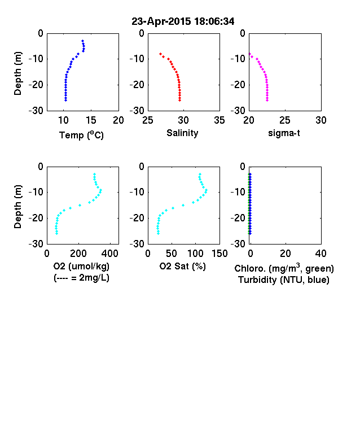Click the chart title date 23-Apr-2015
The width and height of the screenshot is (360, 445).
(161, 21)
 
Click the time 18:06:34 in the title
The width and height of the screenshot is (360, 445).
(214, 21)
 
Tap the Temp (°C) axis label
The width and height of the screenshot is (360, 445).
(81, 135)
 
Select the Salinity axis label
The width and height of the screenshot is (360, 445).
(182, 133)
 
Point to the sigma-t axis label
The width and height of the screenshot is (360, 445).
(284, 133)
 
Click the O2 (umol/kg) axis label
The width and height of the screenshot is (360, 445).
(81, 266)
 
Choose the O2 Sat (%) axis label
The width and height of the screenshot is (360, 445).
(182, 266)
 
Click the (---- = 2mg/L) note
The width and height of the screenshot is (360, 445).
(81, 277)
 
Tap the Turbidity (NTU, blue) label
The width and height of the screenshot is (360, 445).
(284, 280)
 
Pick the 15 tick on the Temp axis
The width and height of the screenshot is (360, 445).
(91, 120)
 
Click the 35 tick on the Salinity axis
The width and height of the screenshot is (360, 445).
(219, 120)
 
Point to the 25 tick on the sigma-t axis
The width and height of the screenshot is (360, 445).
(285, 120)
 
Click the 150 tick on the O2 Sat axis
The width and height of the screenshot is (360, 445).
(219, 254)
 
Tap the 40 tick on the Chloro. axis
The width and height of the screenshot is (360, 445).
(321, 254)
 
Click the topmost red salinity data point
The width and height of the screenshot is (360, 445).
(160, 54)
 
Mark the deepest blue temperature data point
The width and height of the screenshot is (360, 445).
(66, 100)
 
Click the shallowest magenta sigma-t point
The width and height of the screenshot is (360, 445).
(250, 54)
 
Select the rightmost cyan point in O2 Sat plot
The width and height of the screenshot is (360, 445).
(207, 190)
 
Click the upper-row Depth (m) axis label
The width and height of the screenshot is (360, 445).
(17, 73)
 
